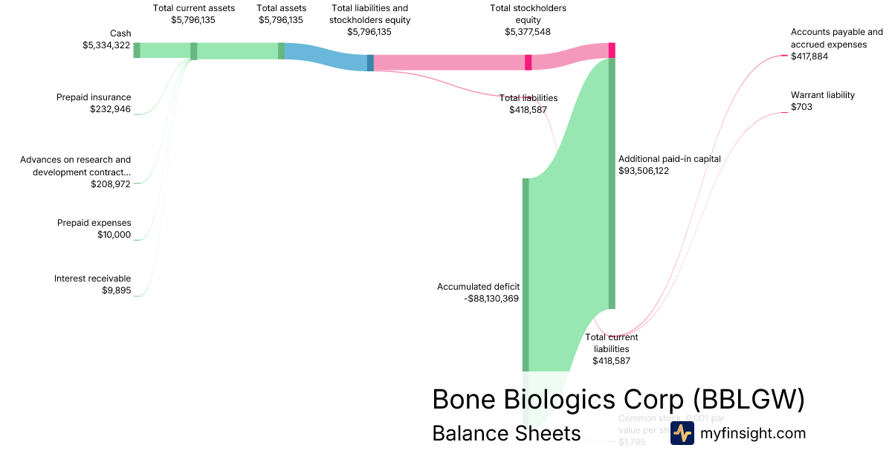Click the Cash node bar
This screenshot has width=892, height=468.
137,50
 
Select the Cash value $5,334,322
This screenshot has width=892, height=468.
106,45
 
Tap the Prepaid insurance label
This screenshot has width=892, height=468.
94,97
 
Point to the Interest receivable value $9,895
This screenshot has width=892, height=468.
116,290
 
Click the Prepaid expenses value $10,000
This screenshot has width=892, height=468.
114,235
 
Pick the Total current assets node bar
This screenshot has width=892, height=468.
194,51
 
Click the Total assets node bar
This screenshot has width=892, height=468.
282,51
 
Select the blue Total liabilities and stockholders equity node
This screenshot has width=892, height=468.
370,62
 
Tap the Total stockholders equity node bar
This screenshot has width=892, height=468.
529,62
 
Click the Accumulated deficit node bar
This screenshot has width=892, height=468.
526,274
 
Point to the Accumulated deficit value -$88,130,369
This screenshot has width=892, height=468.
491,299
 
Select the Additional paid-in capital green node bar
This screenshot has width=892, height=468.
612,183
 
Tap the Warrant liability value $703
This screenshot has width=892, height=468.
801,107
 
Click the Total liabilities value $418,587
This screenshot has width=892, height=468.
528,110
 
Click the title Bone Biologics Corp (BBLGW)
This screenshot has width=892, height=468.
618,400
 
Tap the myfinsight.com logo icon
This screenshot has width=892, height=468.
682,433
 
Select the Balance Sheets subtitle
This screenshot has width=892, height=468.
506,433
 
